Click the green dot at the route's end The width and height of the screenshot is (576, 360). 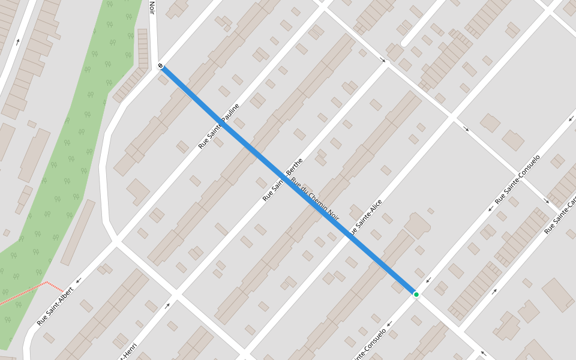pos(416,294)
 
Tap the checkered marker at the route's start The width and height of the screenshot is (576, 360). pos(161,65)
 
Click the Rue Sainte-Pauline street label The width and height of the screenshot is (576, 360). pos(219,126)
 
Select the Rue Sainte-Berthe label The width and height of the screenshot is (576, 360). pos(283,179)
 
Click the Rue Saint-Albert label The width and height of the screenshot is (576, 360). pos(55,306)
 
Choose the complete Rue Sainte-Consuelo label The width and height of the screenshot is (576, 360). pos(517,179)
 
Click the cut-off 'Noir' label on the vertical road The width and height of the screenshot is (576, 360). pos(152,7)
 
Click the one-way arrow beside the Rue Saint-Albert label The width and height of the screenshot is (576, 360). pos(78,280)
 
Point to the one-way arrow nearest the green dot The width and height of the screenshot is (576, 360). pos(428,280)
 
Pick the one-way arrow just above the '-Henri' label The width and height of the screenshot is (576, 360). pos(167,305)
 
